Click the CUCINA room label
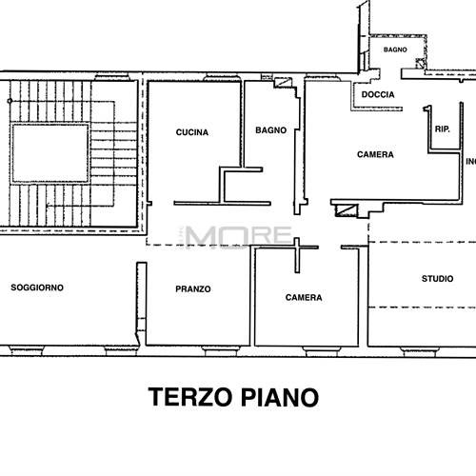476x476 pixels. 192,132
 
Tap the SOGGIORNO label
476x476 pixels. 37,288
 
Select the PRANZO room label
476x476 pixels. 193,289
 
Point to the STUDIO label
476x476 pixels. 437,279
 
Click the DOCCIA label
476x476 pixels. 378,94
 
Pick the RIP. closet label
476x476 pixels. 443,129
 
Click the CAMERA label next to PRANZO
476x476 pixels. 304,298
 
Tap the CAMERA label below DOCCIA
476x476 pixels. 375,154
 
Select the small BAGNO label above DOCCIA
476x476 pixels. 395,50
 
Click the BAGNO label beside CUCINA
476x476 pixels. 271,130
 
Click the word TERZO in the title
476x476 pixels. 190,397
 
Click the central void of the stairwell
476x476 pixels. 50,153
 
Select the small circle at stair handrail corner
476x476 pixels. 10,101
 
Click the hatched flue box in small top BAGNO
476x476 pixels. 421,64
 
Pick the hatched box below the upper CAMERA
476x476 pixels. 347,210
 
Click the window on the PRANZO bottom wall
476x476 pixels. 221,351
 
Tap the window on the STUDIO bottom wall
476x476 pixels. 421,352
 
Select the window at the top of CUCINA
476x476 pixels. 221,77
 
